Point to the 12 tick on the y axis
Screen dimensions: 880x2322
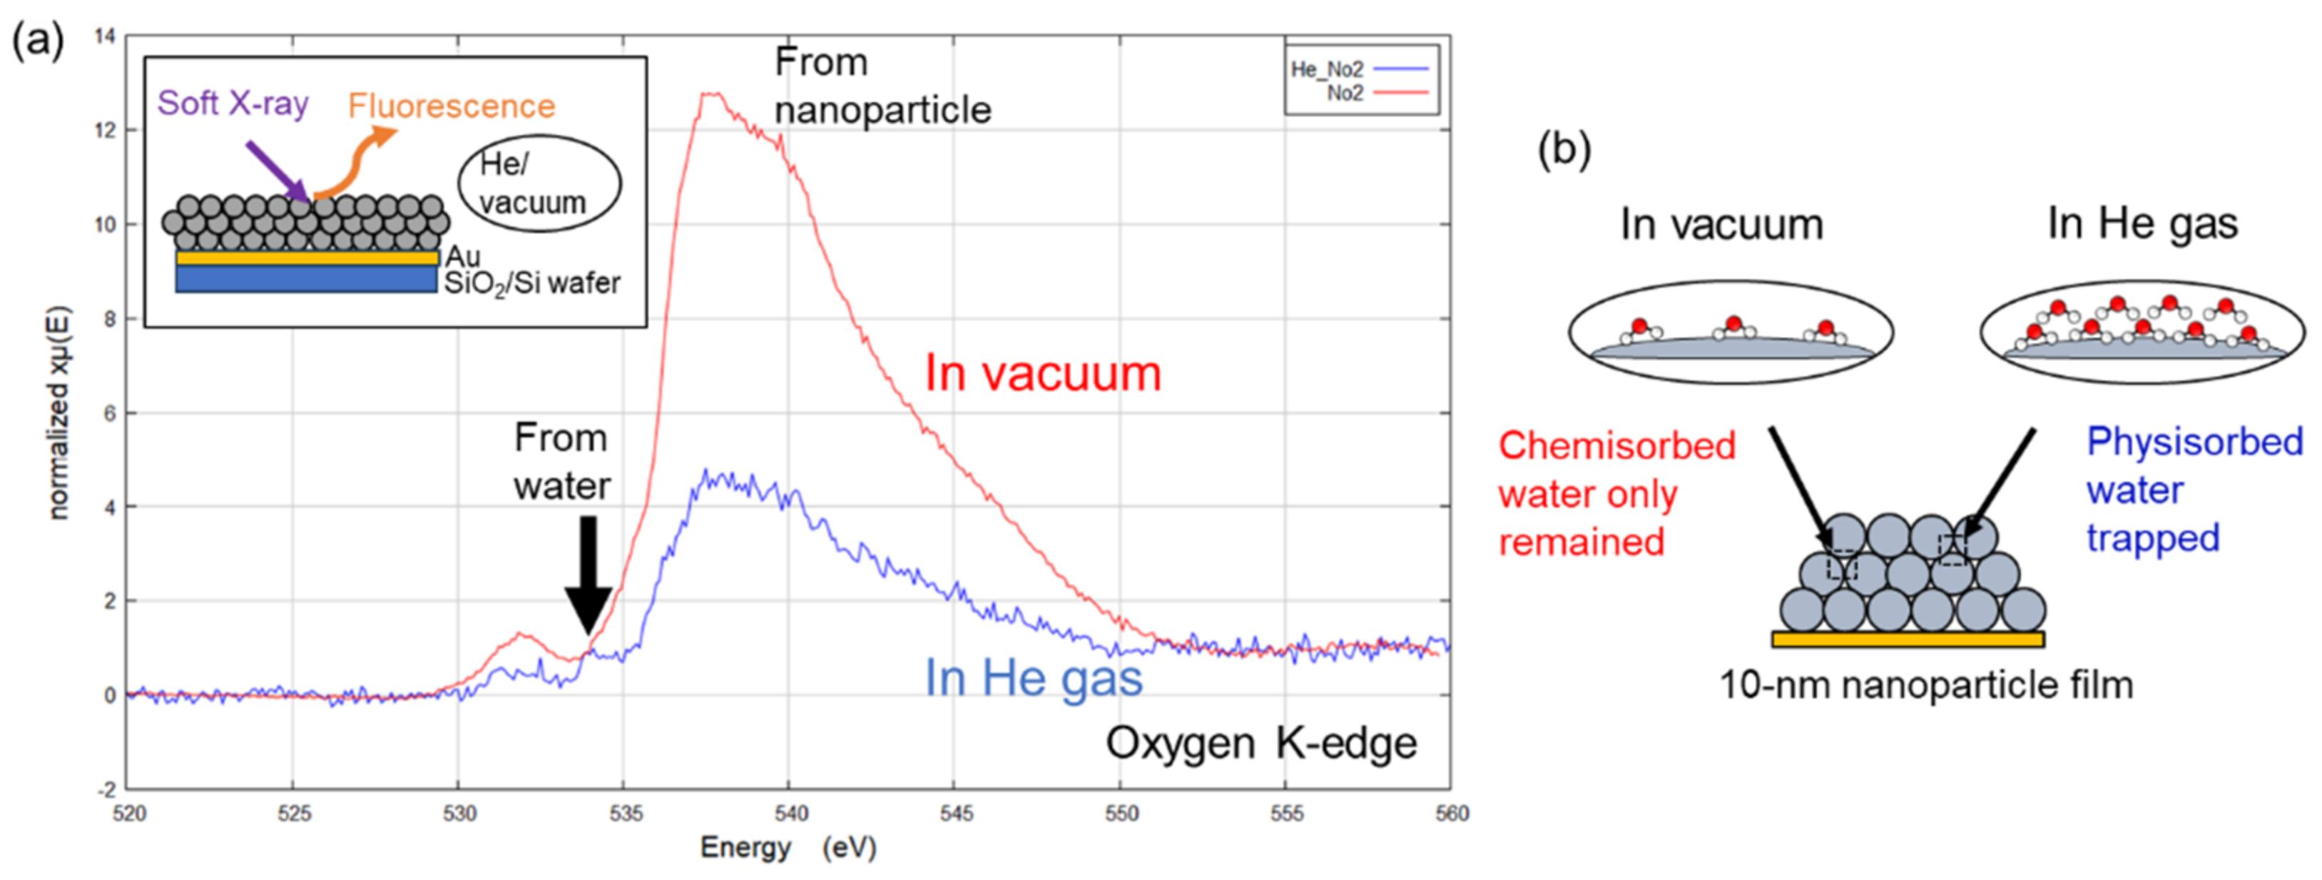point(107,131)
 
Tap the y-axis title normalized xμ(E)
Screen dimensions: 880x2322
point(58,414)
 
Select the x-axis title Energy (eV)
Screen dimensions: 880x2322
point(788,848)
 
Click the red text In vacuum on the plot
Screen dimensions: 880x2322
point(1042,373)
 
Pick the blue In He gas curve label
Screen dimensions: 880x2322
point(1033,678)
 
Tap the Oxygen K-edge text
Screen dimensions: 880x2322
point(1260,744)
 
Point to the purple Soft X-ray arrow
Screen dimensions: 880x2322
point(277,171)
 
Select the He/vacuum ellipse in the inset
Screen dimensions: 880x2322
point(539,184)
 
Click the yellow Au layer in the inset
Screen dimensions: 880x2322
point(307,258)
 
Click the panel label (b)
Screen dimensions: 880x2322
point(1563,148)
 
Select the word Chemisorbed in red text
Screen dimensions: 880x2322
point(1616,445)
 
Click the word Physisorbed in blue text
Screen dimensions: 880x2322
point(2194,442)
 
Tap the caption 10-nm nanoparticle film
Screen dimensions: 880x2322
point(1925,685)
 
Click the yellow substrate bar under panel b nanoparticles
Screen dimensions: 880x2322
point(1908,639)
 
